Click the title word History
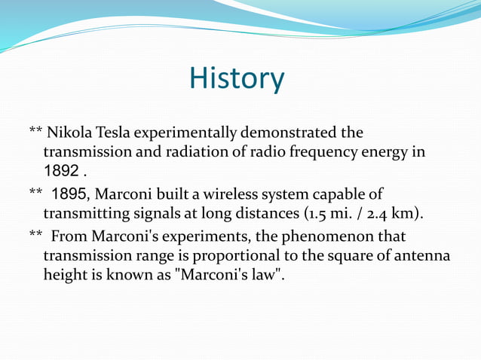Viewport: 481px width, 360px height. [237, 78]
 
